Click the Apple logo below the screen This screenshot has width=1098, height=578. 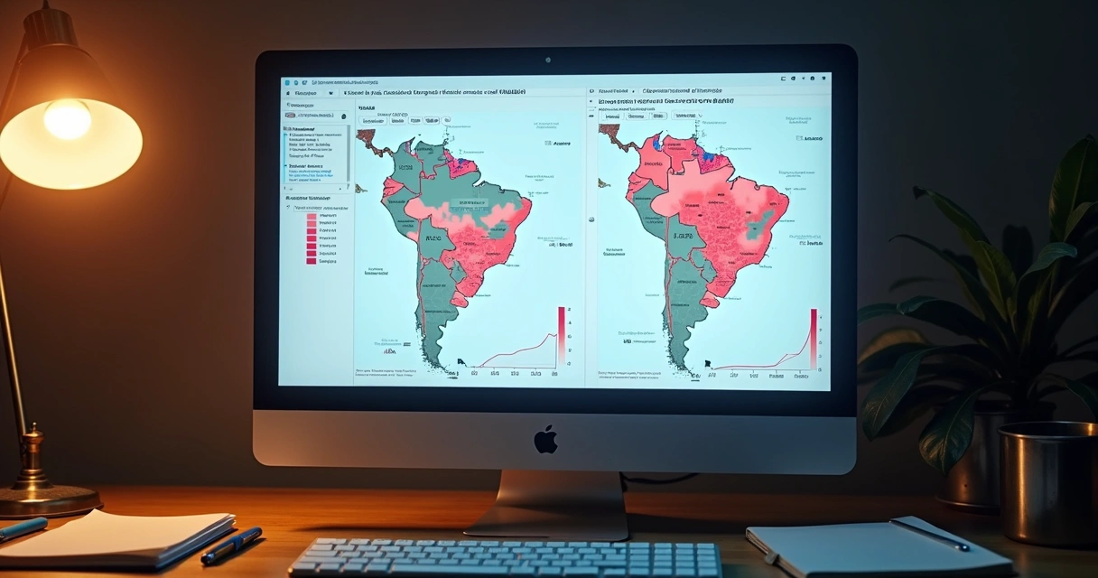(x=545, y=440)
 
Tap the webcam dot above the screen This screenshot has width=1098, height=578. (x=547, y=61)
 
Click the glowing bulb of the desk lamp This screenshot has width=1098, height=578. (x=68, y=119)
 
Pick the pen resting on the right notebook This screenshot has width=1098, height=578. (x=929, y=535)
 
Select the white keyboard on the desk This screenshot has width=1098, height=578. (x=506, y=558)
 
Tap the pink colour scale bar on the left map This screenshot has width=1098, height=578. (x=562, y=333)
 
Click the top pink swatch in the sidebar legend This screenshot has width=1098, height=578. (x=312, y=217)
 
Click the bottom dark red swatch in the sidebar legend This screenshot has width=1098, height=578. (x=312, y=261)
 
